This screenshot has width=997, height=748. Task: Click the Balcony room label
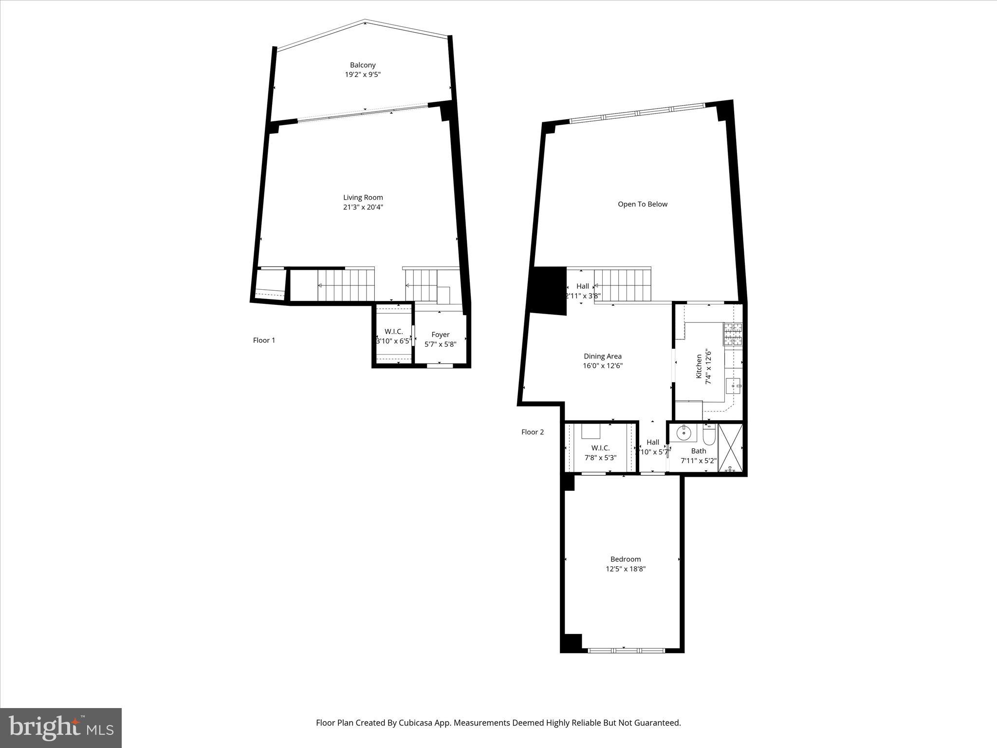tap(363, 65)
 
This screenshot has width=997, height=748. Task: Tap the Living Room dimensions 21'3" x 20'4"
tap(363, 207)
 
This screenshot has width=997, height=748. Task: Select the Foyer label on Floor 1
tap(440, 335)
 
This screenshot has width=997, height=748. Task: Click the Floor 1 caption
tap(264, 340)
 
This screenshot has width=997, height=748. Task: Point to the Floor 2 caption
tap(533, 432)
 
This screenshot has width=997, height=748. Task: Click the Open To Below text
tap(642, 204)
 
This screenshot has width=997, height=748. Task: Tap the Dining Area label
tap(603, 356)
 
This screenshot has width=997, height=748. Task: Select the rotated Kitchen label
tap(699, 366)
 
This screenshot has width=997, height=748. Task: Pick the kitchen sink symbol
tap(734, 386)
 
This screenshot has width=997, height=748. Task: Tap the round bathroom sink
tap(683, 431)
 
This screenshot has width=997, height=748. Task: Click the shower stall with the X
tap(730, 449)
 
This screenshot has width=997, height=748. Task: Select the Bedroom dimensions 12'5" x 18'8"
tap(626, 569)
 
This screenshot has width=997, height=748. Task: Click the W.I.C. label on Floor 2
tap(600, 448)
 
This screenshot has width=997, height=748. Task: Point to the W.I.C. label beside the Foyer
tap(393, 332)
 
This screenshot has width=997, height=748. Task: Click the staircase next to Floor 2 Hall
tap(623, 285)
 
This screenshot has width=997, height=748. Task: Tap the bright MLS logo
tap(61, 728)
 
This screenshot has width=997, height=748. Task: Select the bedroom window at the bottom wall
tap(626, 650)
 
